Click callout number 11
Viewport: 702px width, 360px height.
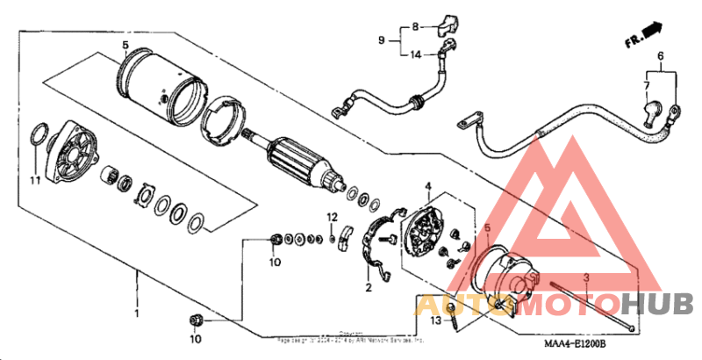(34, 181)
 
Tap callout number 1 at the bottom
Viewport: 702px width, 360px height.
(137, 313)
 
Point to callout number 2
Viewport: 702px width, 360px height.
(369, 287)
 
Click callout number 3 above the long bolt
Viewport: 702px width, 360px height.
(586, 277)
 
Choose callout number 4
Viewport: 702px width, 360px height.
(428, 186)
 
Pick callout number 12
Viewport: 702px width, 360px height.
(333, 216)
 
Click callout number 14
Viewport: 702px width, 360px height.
(417, 54)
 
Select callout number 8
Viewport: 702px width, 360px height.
(417, 26)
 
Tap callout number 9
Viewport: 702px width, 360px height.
(383, 40)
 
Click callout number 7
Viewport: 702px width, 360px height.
(647, 85)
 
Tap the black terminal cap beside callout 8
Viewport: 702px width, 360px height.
(453, 20)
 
